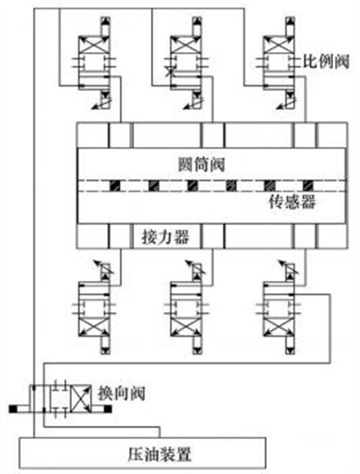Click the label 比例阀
click(326, 62)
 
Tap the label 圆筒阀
click(201, 164)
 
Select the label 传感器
click(292, 201)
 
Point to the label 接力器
click(166, 237)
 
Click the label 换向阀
click(122, 393)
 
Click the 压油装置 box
click(143, 453)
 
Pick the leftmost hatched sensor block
click(114, 186)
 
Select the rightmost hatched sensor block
click(308, 186)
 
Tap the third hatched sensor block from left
click(192, 186)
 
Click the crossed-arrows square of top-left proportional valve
click(94, 45)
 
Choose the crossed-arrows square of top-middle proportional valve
click(186, 45)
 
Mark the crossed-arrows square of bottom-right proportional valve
click(279, 326)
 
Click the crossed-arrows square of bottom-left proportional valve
click(94, 326)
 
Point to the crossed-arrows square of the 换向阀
click(81, 398)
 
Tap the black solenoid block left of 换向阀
click(13, 408)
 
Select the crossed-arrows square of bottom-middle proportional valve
click(186, 326)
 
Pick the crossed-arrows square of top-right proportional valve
click(279, 45)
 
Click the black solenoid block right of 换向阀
click(108, 408)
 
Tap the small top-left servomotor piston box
click(120, 135)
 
